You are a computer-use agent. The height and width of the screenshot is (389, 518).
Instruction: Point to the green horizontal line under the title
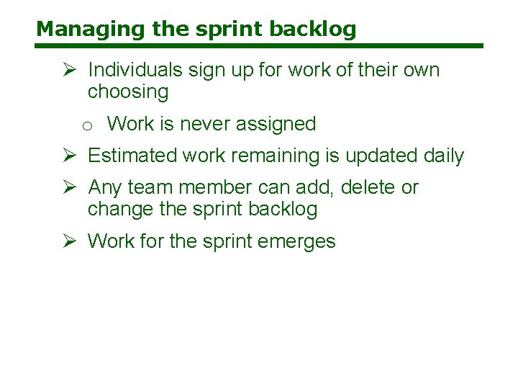click(259, 47)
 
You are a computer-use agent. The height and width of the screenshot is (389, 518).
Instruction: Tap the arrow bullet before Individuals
click(70, 70)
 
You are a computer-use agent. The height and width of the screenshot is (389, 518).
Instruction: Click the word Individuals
click(135, 70)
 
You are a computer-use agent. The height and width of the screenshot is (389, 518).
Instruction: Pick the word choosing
click(128, 91)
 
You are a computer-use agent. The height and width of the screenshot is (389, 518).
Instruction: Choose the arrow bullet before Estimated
click(70, 156)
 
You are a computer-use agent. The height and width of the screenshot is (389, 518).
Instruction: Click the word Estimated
click(132, 156)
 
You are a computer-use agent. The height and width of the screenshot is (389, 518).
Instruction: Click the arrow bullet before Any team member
click(70, 187)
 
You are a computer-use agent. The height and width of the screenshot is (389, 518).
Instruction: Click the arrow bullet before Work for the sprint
click(70, 241)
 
